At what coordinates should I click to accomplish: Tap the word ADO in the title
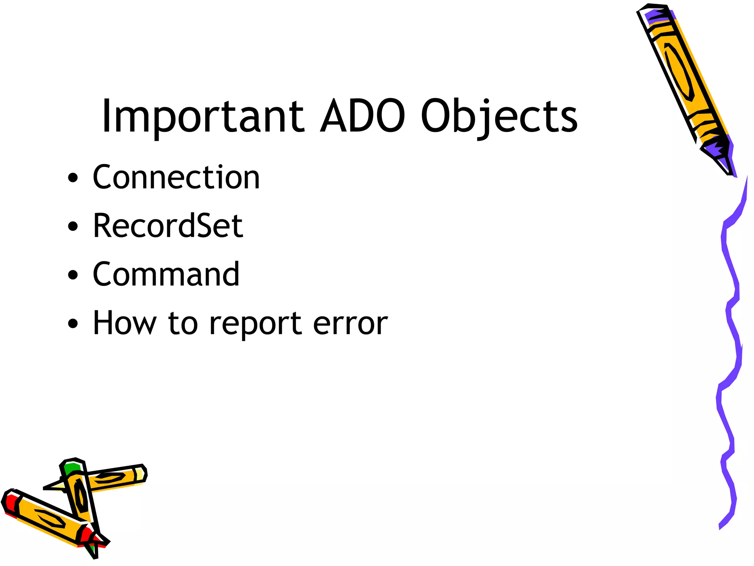[363, 116]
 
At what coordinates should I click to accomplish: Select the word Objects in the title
[499, 116]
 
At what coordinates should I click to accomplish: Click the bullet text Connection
[176, 177]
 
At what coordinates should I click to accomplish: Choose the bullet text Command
[166, 274]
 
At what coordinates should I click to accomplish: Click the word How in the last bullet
[124, 323]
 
